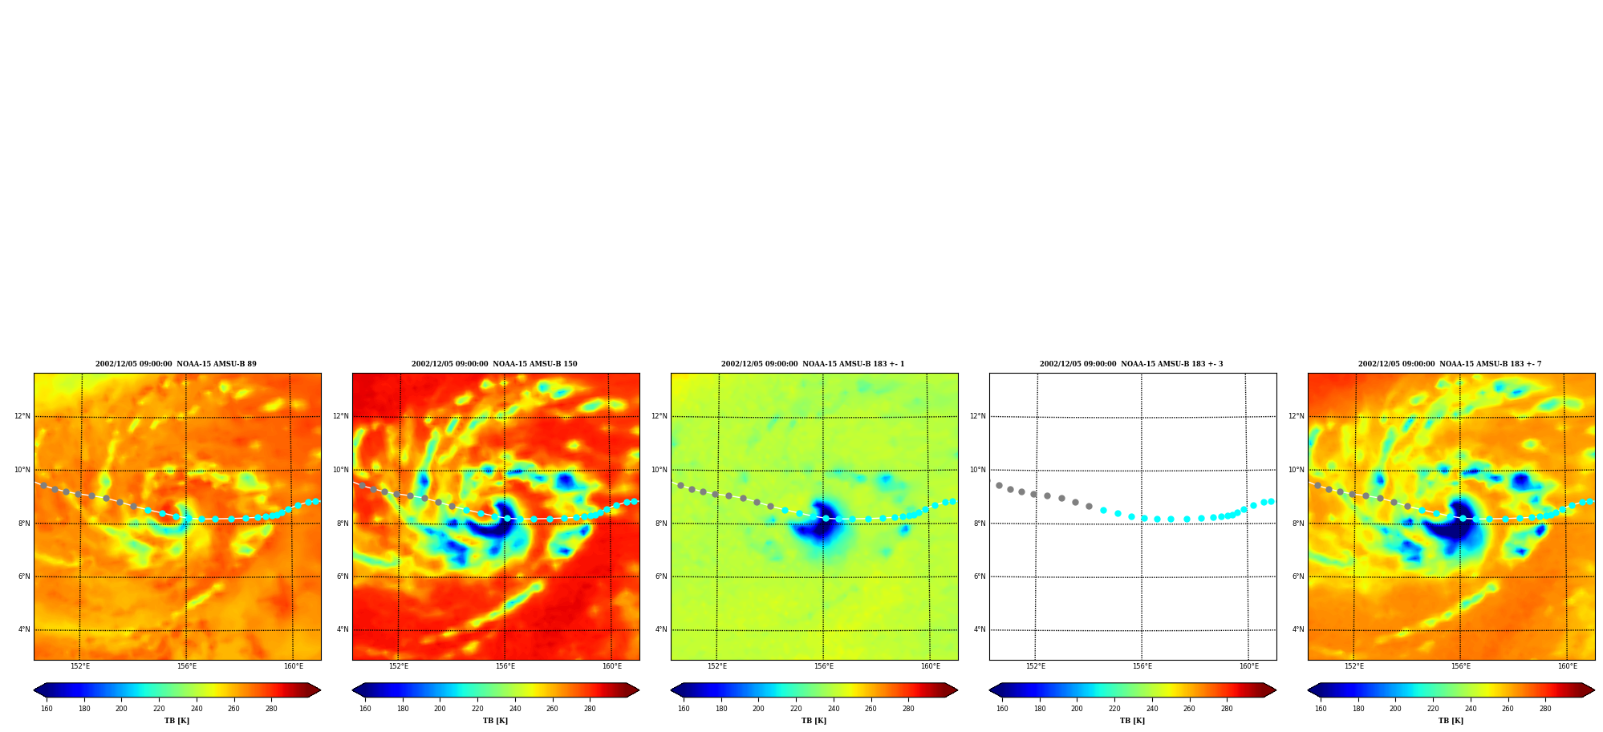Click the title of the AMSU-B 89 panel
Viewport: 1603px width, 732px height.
[x=176, y=364]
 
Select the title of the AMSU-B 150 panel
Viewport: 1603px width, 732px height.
[x=494, y=364]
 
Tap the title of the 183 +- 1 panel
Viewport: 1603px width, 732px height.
[x=813, y=364]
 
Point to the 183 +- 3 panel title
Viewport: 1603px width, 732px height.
[x=1131, y=364]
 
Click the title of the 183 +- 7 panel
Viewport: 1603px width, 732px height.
[x=1450, y=364]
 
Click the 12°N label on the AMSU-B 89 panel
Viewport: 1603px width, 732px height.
[x=22, y=416]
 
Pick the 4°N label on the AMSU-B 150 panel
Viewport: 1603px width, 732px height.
[x=343, y=629]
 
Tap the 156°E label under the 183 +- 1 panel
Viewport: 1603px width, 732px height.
[x=824, y=666]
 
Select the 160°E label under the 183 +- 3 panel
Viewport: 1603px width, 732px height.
[x=1249, y=666]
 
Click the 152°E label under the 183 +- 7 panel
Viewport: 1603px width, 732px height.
[x=1354, y=666]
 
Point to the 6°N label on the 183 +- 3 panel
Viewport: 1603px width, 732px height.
[x=980, y=576]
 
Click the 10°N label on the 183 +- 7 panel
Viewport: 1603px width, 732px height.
[x=1297, y=470]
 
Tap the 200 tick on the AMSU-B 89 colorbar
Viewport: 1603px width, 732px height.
[x=121, y=709]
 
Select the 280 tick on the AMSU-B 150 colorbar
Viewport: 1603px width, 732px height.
[x=590, y=709]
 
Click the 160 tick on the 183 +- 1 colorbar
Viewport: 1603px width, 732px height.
[x=684, y=709]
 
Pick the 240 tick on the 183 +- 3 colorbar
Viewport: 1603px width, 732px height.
[x=1152, y=709]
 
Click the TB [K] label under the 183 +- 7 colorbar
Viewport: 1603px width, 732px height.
[x=1451, y=721]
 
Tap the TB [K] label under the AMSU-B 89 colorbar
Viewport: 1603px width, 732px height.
[x=177, y=721]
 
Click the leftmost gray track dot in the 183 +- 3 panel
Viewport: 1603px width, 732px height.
[x=999, y=485]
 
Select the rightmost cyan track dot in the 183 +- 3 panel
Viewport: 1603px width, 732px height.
[x=1271, y=501]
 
